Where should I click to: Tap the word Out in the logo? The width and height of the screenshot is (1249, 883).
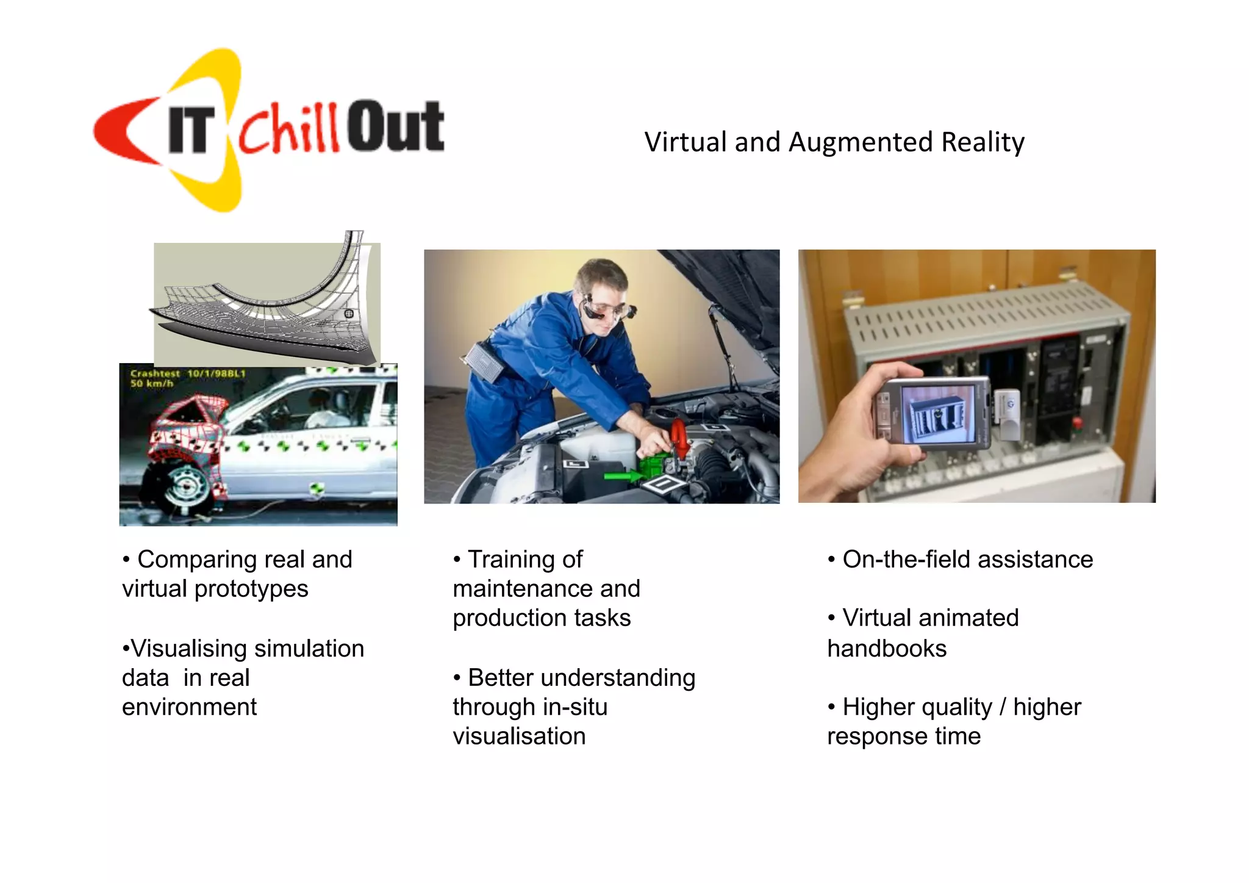tap(395, 127)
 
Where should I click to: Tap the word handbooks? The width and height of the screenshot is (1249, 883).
tap(887, 649)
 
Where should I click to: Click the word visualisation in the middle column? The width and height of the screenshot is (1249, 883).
tap(519, 737)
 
